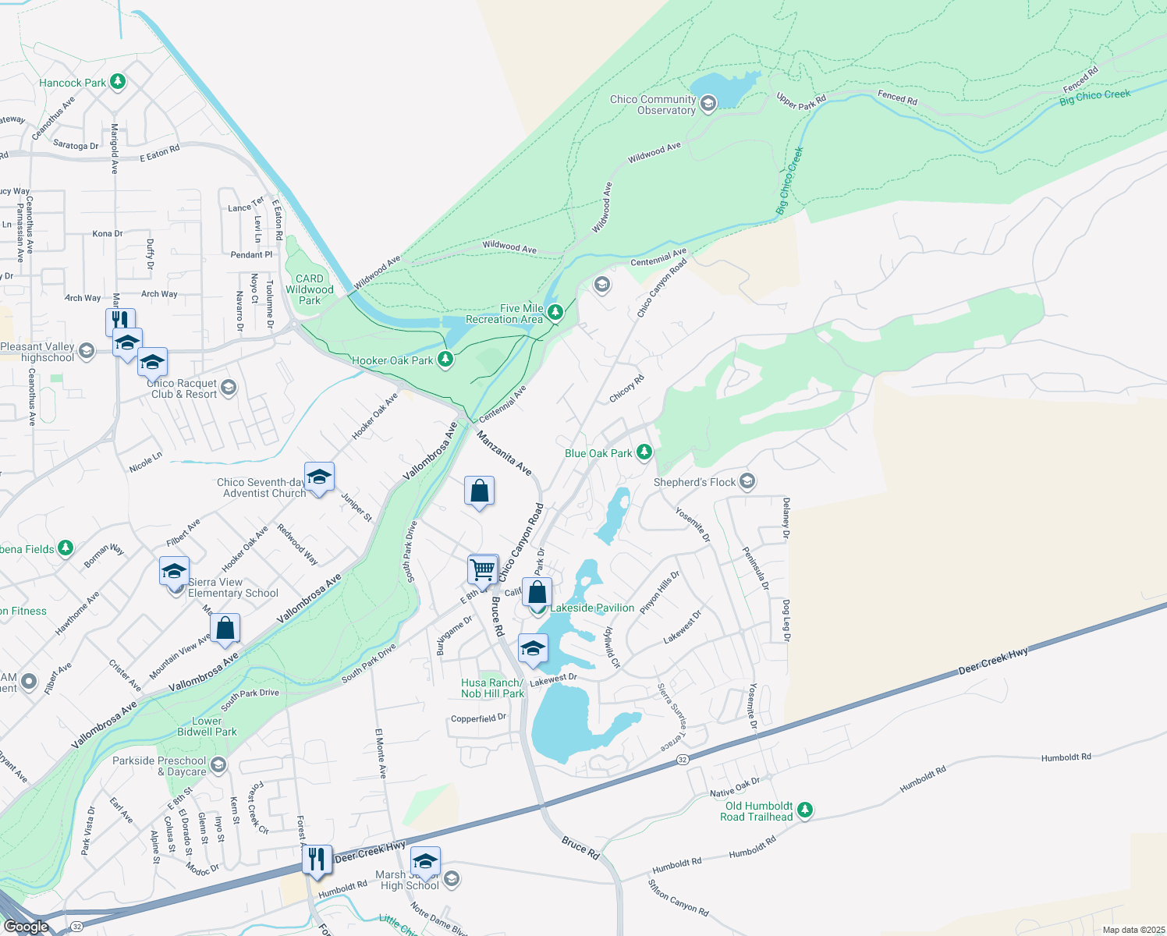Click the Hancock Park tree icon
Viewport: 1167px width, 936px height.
pos(118,82)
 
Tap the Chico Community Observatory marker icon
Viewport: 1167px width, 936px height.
pos(708,104)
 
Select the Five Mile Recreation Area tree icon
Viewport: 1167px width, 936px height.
pos(555,313)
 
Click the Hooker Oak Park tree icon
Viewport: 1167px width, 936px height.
pos(445,360)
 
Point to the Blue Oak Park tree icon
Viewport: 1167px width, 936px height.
pos(644,452)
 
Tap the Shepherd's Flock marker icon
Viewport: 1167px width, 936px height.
pos(747,481)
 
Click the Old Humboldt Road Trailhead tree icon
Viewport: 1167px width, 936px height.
pos(804,810)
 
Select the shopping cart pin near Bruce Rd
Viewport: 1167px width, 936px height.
pos(483,569)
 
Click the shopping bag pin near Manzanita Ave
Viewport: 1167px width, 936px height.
pos(479,491)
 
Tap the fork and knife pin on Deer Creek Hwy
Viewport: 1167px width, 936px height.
pos(317,860)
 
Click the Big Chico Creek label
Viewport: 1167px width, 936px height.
pos(1094,97)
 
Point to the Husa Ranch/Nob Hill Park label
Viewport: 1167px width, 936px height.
pos(492,688)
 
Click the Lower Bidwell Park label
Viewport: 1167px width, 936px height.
pos(207,726)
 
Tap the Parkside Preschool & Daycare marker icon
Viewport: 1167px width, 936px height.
pos(218,764)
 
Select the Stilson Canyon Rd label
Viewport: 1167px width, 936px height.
pos(678,898)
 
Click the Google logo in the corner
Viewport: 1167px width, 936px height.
pos(27,926)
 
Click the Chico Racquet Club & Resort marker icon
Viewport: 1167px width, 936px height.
pos(229,388)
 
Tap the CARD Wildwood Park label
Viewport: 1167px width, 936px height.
pos(309,289)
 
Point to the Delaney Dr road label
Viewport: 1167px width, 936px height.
pos(786,519)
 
